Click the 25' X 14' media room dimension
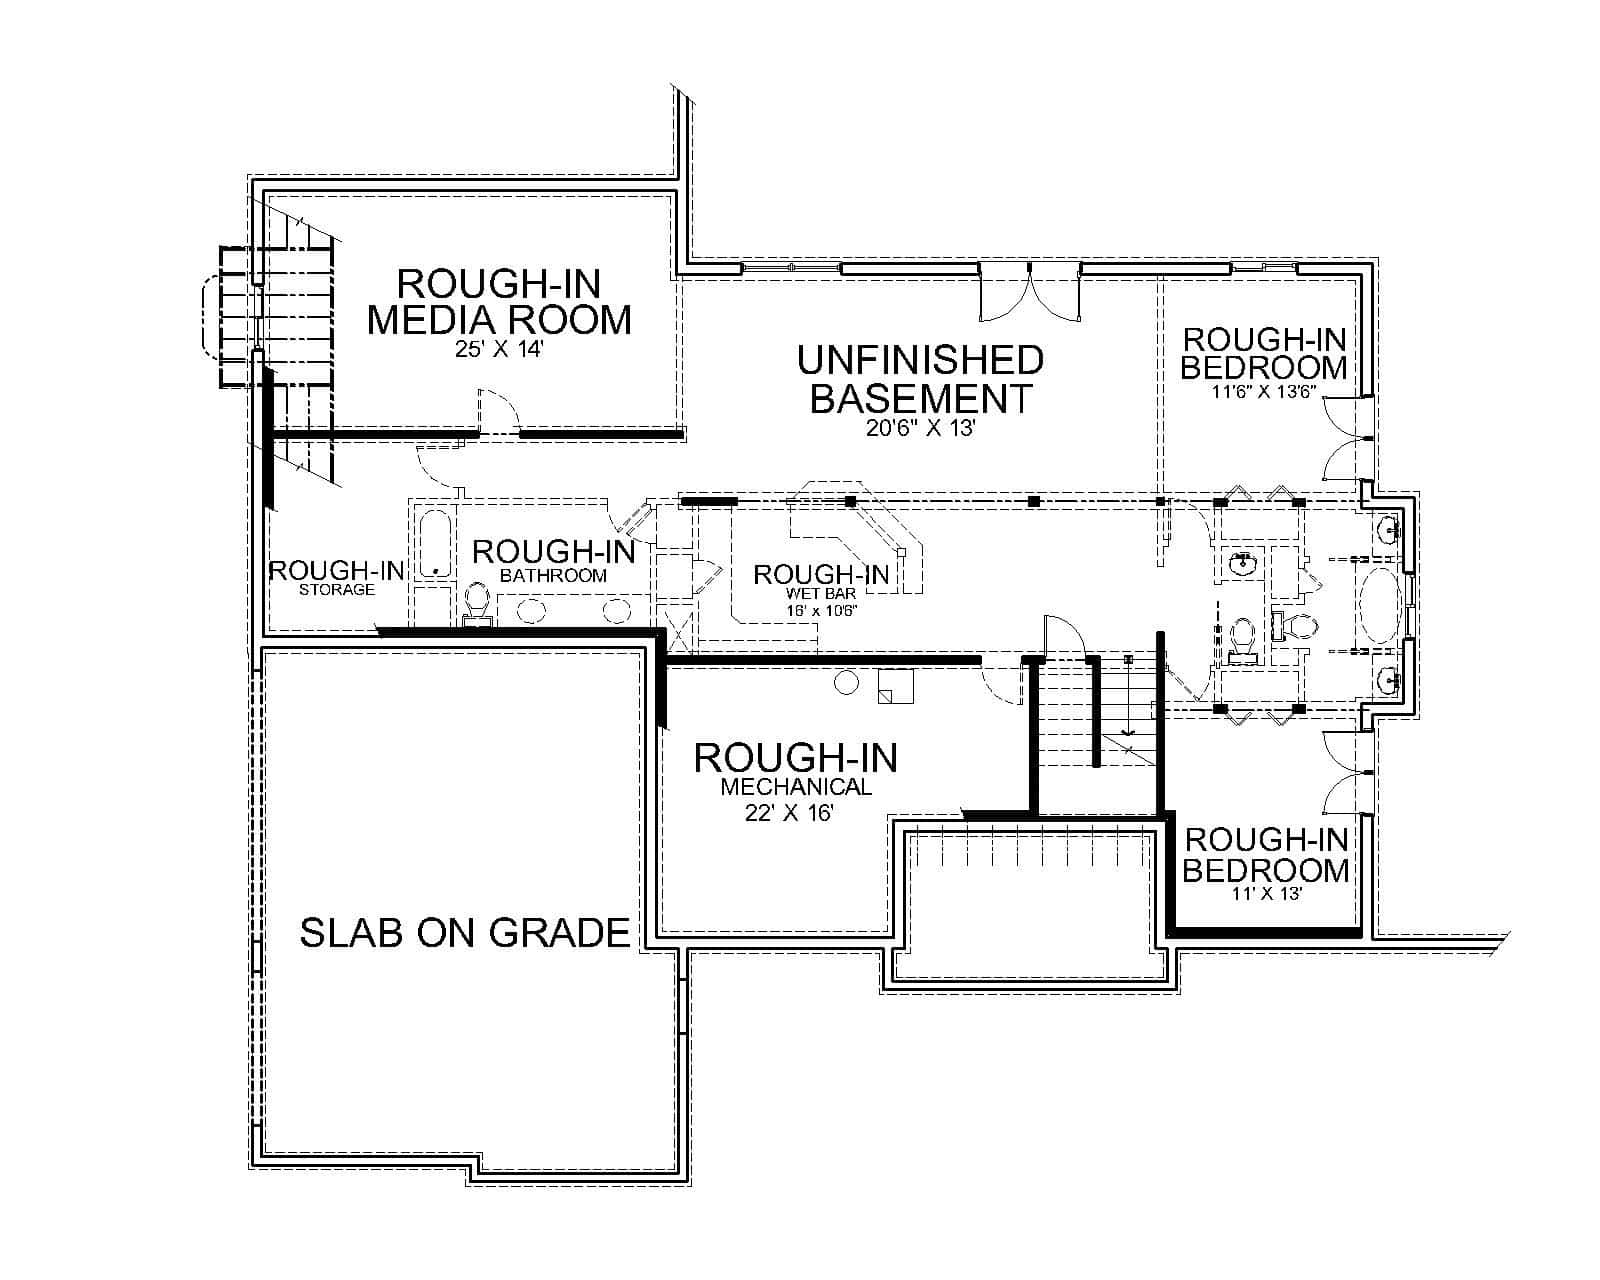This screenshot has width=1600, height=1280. pos(498,352)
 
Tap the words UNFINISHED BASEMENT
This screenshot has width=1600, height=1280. pos(920,379)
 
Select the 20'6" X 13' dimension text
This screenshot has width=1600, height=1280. pos(920,428)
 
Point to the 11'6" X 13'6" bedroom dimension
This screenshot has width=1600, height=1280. pos(1265,393)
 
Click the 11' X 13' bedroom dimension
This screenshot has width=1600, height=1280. pos(1266,894)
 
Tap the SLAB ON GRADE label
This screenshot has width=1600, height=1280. pos(465,933)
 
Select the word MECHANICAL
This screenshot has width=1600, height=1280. pos(796,787)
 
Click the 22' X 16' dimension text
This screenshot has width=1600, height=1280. pos(789,813)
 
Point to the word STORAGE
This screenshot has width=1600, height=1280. pos(337,590)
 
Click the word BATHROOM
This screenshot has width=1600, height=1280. pos(553,576)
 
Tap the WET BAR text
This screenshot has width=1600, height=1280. pos(821,594)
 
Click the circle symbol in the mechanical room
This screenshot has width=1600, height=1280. pos(846,683)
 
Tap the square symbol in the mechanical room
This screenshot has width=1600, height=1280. pos(895,687)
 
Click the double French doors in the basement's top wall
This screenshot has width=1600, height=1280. pos(1030,293)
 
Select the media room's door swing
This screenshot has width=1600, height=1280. pos(498,410)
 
